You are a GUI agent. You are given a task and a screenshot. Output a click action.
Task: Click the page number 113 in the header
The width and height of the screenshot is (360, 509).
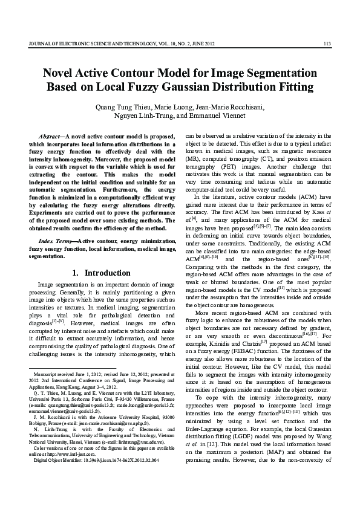click(327, 43)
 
